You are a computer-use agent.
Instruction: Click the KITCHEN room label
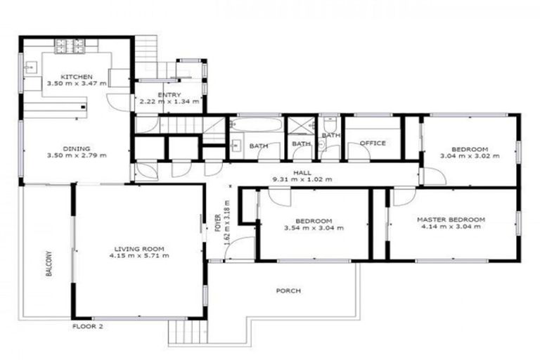[77, 76]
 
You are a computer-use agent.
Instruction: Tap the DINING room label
[77, 148]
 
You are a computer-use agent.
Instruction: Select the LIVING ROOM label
[140, 248]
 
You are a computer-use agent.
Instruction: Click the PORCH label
[290, 290]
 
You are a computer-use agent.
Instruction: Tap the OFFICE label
[373, 143]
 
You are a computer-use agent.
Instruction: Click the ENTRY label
[169, 95]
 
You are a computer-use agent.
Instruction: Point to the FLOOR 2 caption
[88, 326]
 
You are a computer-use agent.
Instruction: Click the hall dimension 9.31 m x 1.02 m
[302, 179]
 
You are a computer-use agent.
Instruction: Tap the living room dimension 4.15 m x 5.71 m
[139, 256]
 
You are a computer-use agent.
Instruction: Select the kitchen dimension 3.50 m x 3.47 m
[77, 84]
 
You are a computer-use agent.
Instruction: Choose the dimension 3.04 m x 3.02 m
[470, 156]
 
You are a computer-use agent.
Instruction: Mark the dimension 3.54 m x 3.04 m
[314, 228]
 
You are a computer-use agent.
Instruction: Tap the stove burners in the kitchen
[70, 46]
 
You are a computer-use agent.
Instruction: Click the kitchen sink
[31, 68]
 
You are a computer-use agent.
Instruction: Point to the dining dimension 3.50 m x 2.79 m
[77, 156]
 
